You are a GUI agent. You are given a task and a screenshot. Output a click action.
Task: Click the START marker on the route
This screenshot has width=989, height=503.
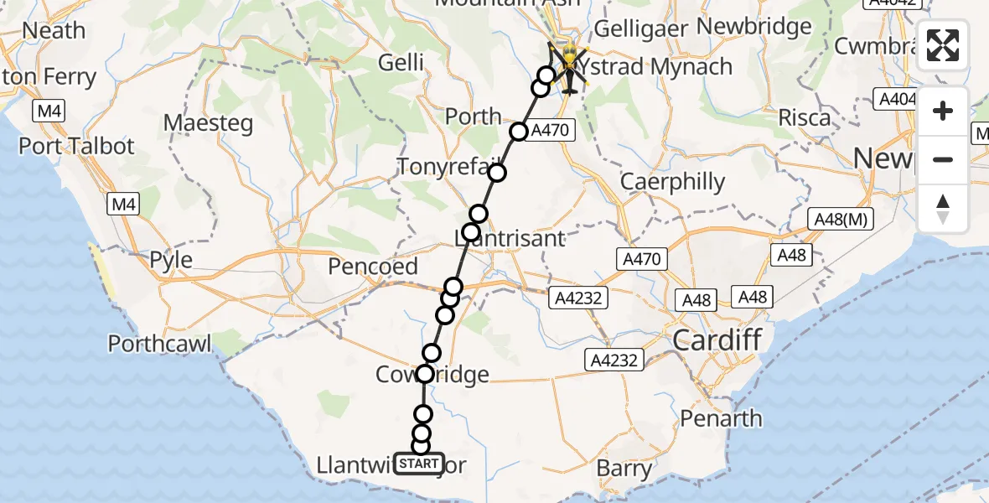[x=418, y=463]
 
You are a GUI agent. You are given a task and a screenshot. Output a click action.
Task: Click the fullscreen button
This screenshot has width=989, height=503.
[x=943, y=45]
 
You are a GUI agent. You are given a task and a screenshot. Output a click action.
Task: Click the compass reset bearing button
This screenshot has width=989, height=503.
[x=943, y=208]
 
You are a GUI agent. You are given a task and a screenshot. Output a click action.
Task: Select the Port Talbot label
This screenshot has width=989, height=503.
[x=76, y=146]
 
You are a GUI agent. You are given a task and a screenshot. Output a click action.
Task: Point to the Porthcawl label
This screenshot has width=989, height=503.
[x=159, y=343]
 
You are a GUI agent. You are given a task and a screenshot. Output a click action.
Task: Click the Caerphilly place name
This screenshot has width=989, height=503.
[x=673, y=182]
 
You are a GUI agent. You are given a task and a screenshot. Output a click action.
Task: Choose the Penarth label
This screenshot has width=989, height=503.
[x=722, y=417]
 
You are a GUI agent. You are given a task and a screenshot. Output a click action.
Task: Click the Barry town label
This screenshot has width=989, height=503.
[x=624, y=468]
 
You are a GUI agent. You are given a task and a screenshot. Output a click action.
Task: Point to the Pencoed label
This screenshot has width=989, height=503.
[x=373, y=267]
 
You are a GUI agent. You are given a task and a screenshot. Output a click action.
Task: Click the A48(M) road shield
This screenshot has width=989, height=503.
[x=841, y=220]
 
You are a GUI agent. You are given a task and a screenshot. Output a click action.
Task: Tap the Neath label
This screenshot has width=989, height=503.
[x=54, y=30]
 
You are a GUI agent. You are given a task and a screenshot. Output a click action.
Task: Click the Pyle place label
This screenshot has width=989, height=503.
[x=171, y=260]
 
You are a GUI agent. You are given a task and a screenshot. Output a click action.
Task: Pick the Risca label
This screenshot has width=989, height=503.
[x=805, y=117]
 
